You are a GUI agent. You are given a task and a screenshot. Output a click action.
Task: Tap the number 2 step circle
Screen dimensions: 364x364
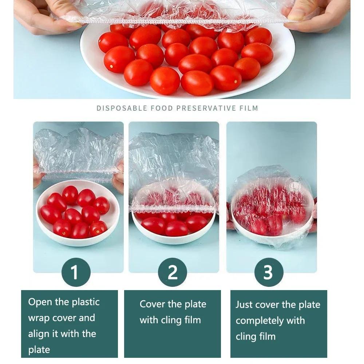(173, 272)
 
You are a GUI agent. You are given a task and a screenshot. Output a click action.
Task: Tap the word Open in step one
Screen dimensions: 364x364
(38, 302)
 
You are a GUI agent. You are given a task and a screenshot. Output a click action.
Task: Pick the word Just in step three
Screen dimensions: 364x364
(244, 305)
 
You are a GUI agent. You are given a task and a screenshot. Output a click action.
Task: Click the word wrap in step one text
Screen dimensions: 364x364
(39, 318)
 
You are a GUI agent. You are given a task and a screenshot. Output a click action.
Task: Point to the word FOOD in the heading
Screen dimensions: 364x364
(161, 108)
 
